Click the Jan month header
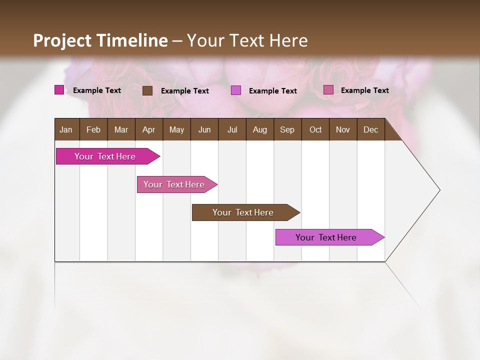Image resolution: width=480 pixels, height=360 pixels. [x=66, y=129]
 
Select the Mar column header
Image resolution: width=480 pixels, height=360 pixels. [x=121, y=129]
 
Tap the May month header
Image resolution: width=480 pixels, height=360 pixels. [x=176, y=129]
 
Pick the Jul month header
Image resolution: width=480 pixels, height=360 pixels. [x=232, y=129]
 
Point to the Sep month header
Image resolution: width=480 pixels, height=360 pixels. [x=287, y=129]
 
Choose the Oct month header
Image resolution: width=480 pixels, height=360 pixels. [x=315, y=129]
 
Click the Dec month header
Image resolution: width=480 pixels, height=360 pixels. [x=370, y=129]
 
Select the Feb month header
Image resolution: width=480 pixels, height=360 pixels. [x=93, y=129]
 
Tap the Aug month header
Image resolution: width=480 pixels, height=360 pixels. [x=259, y=129]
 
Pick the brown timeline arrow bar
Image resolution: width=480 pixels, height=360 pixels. [x=243, y=212]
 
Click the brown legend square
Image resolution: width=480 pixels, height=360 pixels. [x=147, y=90]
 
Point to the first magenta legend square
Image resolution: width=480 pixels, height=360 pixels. [x=59, y=90]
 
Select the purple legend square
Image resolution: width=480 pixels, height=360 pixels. [x=236, y=90]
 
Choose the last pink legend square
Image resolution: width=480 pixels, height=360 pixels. [x=328, y=90]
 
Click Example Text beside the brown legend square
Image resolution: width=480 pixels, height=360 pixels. [x=185, y=91]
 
